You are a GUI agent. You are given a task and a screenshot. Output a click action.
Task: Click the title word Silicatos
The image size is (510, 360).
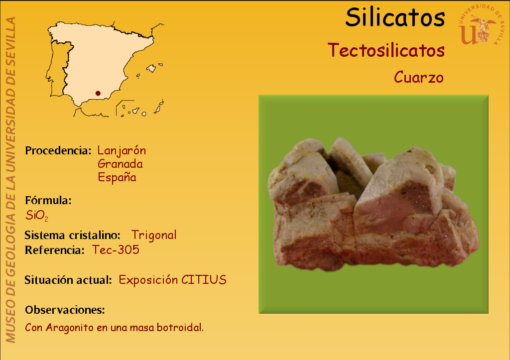click(x=395, y=17)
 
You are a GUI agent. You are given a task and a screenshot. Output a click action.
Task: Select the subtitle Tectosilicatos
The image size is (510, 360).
click(x=386, y=50)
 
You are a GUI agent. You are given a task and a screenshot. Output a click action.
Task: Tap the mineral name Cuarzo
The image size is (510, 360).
click(x=418, y=77)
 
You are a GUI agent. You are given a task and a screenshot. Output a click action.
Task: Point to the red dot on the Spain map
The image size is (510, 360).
click(x=98, y=93)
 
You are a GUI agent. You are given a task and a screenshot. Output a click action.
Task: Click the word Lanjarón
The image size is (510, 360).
click(x=122, y=151)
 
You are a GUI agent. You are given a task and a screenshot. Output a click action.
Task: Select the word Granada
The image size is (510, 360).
click(x=120, y=164)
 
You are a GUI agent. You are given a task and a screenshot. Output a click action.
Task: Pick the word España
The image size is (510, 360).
click(x=117, y=177)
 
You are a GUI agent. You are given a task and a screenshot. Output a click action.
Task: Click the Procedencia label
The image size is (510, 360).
click(x=58, y=150)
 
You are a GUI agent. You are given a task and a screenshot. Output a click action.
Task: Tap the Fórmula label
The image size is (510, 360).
click(x=48, y=200)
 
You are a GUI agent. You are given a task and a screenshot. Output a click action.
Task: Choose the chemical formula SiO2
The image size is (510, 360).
click(x=37, y=216)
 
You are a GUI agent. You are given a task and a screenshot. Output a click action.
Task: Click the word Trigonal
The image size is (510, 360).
click(x=154, y=235)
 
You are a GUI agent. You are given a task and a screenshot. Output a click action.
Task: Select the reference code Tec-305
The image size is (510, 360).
click(x=116, y=250)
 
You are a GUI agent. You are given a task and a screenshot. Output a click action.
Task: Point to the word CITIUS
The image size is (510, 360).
click(x=204, y=280)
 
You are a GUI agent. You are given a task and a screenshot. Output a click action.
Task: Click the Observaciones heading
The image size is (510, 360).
click(x=65, y=310)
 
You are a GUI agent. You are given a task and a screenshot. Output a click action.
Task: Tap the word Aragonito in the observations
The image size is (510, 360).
click(x=70, y=328)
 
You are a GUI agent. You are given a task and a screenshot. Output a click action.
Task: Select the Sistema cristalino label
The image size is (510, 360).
click(x=73, y=235)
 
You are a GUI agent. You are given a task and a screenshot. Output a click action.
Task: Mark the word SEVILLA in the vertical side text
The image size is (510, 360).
click(x=11, y=38)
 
